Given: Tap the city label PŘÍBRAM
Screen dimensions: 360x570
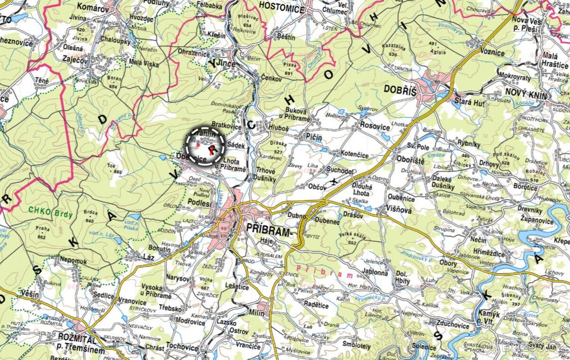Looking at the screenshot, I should [x=269, y=232].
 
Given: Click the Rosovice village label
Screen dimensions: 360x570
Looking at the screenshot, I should [x=376, y=127].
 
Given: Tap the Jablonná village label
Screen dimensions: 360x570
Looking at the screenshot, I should [x=375, y=273].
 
